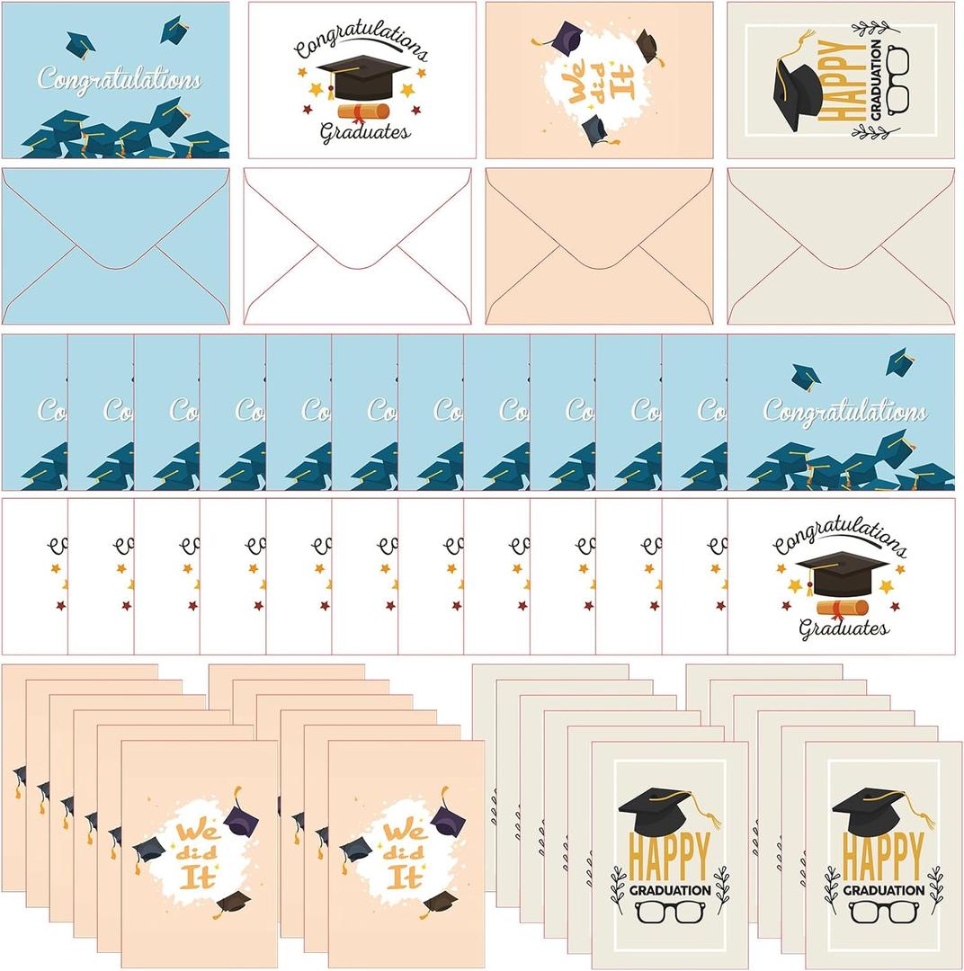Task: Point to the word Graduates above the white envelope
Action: click(x=365, y=132)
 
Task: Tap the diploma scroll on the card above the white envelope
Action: click(x=363, y=111)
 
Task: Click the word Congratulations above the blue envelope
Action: click(x=120, y=80)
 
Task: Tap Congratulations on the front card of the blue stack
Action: click(x=844, y=412)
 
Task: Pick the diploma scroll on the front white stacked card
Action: click(x=842, y=608)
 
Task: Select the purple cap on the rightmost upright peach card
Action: click(x=448, y=820)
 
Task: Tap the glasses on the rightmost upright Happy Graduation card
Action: click(x=883, y=911)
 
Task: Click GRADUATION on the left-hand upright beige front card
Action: click(x=668, y=890)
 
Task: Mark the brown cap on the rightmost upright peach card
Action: click(x=439, y=901)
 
